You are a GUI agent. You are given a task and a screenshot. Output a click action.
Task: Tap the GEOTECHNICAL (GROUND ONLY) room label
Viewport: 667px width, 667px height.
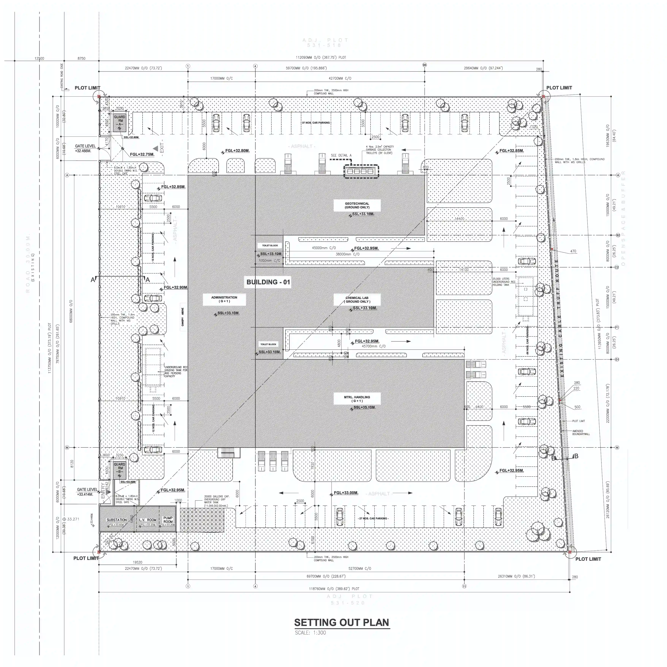[x=357, y=205]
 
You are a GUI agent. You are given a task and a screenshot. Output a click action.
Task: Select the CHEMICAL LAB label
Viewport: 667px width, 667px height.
[x=357, y=299]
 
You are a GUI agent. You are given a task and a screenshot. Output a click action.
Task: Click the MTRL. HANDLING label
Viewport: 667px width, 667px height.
[x=357, y=399]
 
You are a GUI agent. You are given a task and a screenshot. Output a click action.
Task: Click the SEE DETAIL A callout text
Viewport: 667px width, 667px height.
[x=341, y=155]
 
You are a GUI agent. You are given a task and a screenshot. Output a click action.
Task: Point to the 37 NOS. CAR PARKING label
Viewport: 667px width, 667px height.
[x=316, y=123]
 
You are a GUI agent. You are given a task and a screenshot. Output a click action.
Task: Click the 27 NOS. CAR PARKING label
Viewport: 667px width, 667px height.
[x=373, y=519]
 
